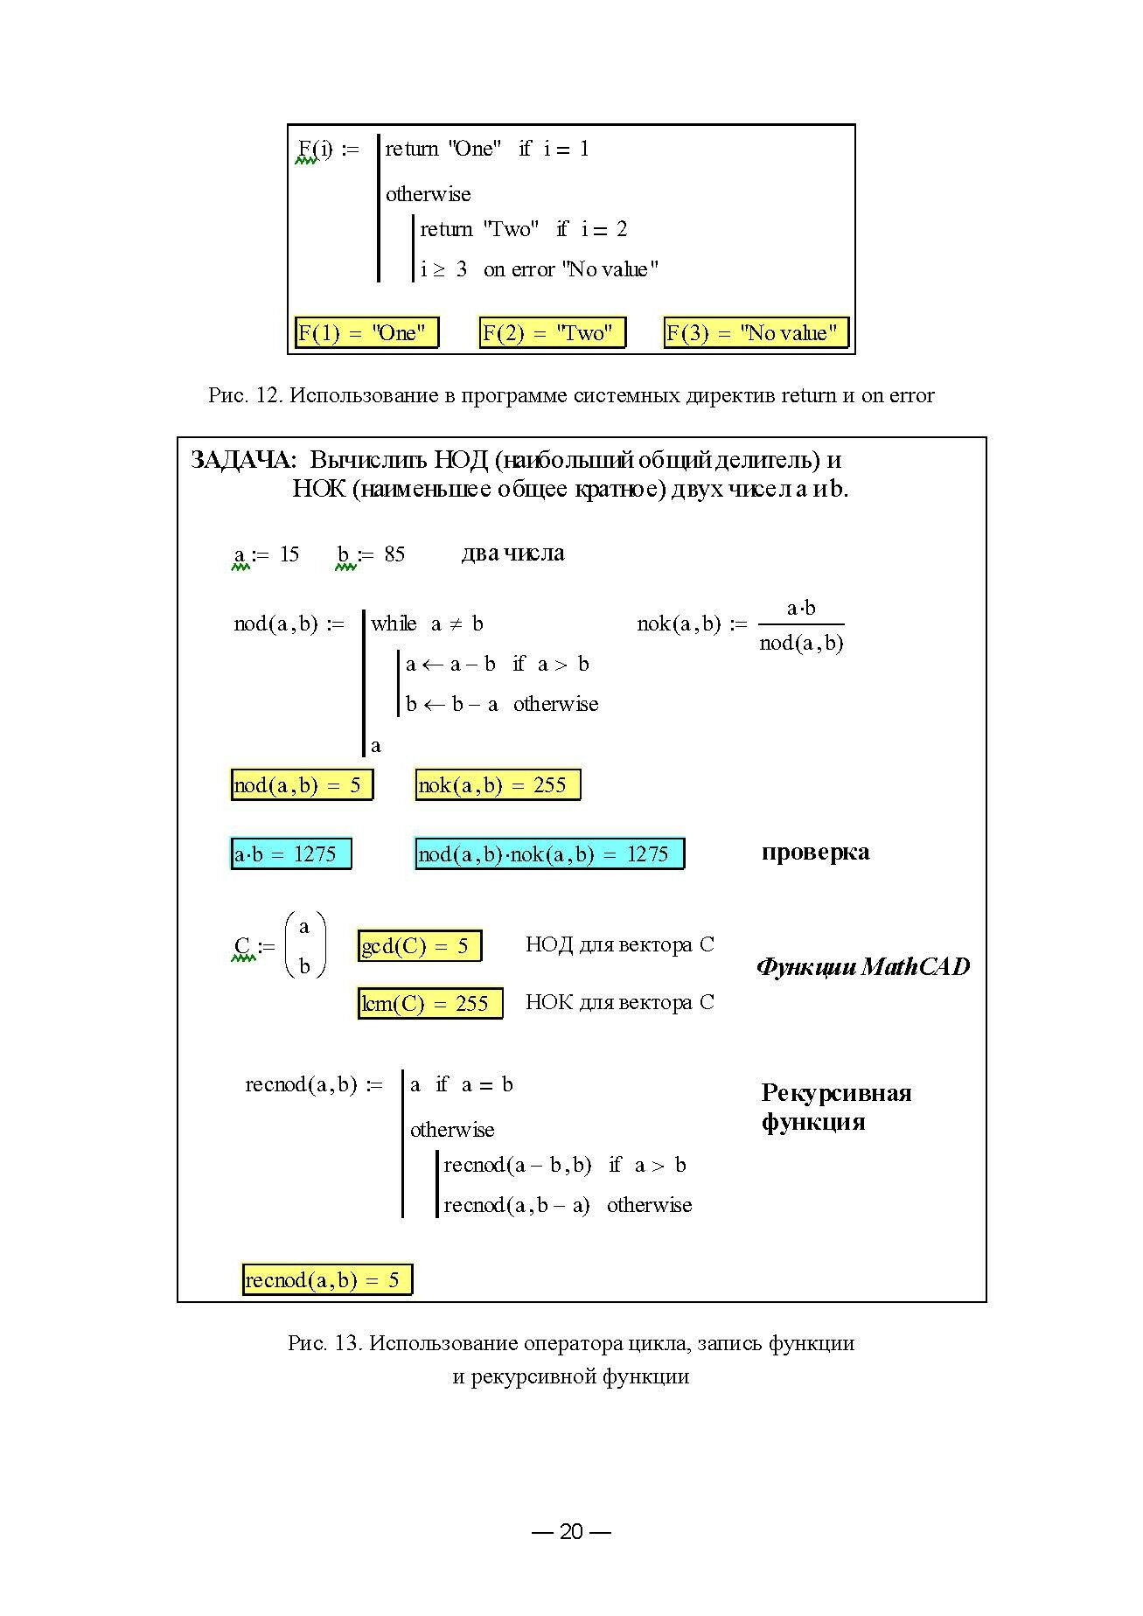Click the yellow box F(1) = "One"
point(366,333)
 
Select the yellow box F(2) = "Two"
point(552,333)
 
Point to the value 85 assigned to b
point(394,554)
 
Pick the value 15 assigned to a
point(289,554)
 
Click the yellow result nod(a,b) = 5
point(301,785)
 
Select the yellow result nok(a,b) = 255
point(497,785)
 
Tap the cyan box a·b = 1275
point(290,854)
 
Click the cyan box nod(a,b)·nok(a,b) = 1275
point(548,854)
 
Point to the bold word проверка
point(815,853)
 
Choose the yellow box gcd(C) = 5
point(419,946)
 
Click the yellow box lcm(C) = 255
point(429,1004)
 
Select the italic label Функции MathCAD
point(862,967)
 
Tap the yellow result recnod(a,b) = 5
point(326,1280)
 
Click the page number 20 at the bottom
point(571,1531)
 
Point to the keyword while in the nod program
point(394,623)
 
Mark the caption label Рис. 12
point(242,395)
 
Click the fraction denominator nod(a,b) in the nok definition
point(801,644)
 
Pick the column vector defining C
point(305,946)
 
